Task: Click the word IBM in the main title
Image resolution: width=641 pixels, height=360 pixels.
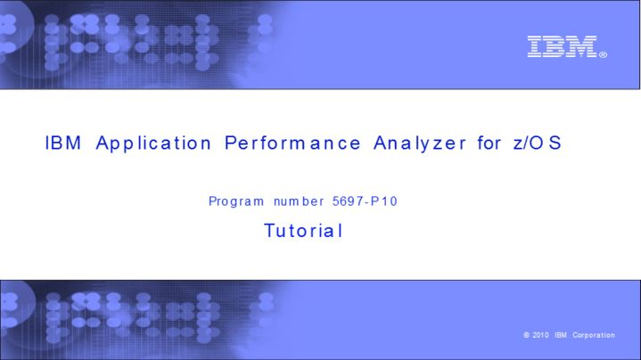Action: [x=63, y=143]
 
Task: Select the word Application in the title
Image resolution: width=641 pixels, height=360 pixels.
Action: [x=153, y=143]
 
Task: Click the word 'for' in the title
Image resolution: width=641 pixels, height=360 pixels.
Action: [x=489, y=143]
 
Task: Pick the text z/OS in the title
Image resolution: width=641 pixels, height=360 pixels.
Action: [x=538, y=143]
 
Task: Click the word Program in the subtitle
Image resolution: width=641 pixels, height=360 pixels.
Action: [x=236, y=201]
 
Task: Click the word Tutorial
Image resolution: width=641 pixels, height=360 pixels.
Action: [x=303, y=231]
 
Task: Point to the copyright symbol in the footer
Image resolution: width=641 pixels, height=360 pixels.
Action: [x=527, y=336]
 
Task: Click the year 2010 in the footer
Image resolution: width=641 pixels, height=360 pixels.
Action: [x=539, y=336]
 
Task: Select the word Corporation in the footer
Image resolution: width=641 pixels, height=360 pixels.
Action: [x=594, y=336]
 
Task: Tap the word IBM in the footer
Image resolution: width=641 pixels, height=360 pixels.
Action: [x=561, y=336]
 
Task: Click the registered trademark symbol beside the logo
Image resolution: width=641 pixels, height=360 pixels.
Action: [x=604, y=54]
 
